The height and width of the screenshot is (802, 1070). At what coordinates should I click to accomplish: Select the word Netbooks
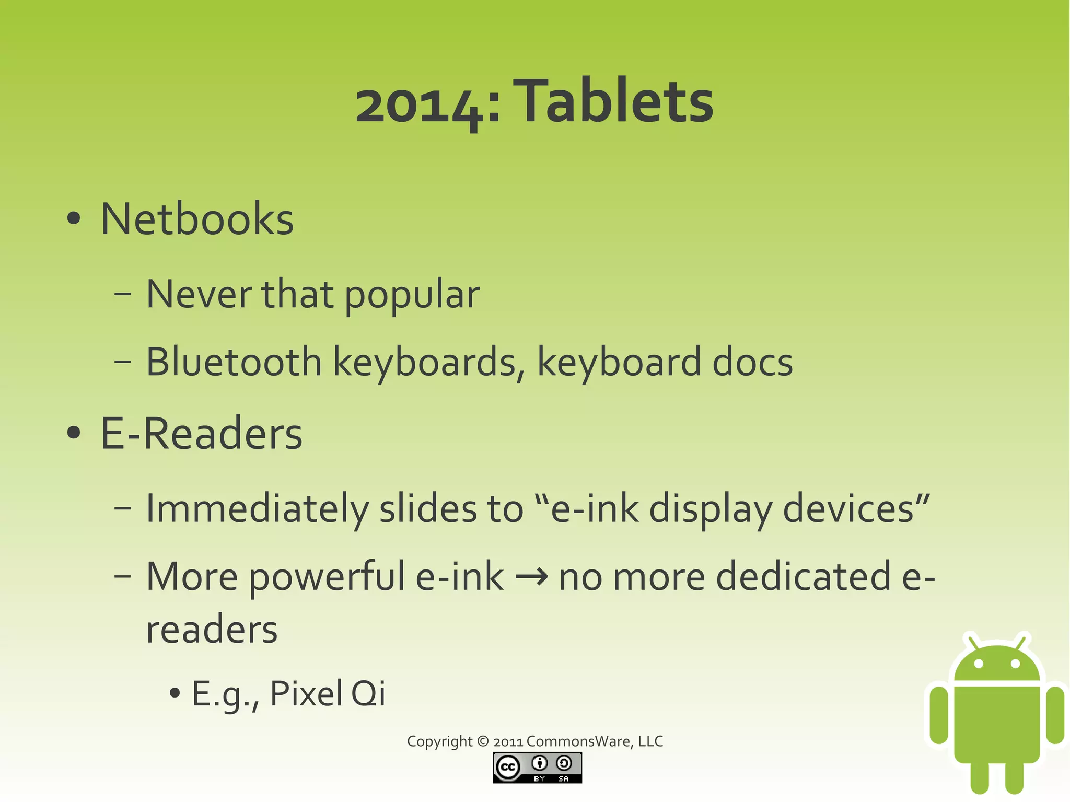click(x=197, y=219)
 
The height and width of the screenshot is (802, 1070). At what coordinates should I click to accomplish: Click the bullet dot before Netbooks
click(x=74, y=219)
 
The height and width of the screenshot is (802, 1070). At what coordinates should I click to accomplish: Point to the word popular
click(x=412, y=295)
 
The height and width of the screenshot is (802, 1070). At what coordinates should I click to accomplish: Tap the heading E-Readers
click(x=201, y=434)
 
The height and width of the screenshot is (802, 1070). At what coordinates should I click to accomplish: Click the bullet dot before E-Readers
click(x=74, y=433)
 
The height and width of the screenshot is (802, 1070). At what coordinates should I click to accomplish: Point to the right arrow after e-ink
click(x=531, y=577)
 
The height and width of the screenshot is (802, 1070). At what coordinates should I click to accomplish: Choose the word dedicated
click(x=804, y=577)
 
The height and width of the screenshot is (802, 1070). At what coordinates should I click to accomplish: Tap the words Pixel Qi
click(x=328, y=694)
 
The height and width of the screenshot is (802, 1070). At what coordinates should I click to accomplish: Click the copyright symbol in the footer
click(x=483, y=741)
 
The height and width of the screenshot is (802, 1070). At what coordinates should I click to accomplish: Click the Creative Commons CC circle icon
click(x=507, y=768)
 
